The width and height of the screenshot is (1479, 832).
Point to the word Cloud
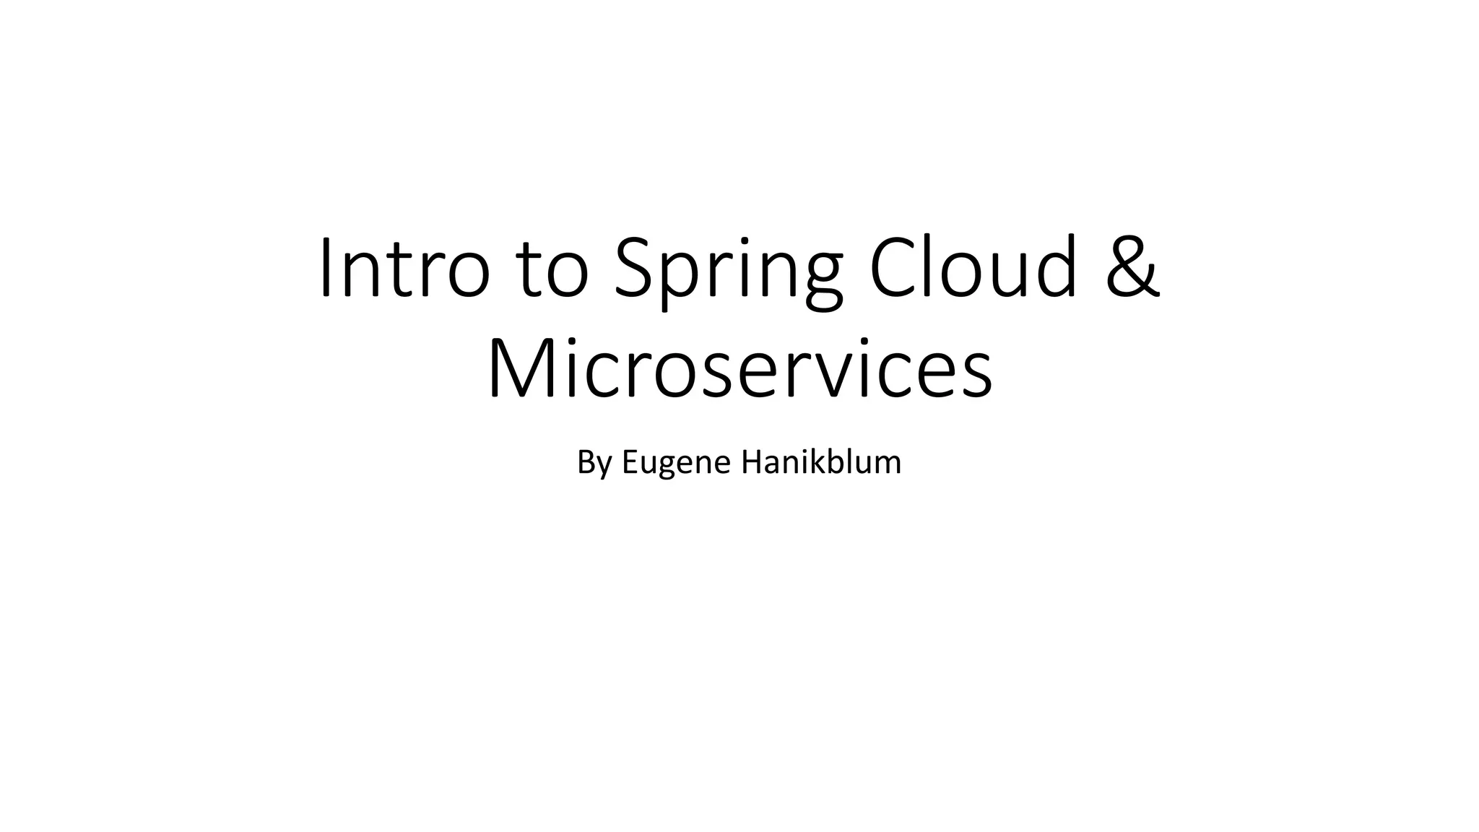click(975, 267)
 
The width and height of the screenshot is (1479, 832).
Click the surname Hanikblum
click(821, 462)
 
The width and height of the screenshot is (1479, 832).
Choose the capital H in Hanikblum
click(752, 462)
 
